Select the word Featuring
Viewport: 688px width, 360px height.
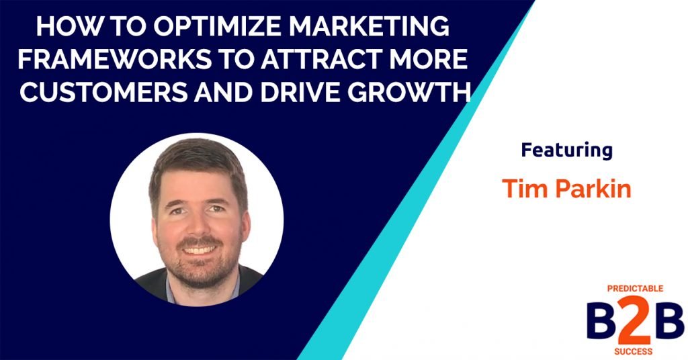(x=566, y=150)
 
